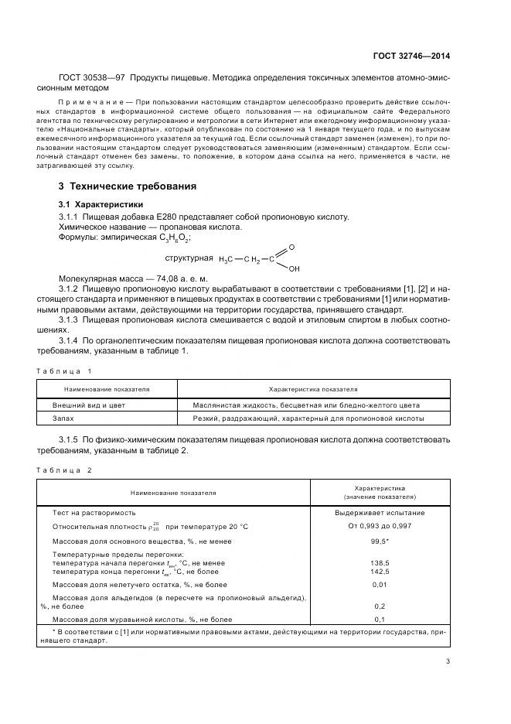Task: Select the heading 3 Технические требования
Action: (x=128, y=186)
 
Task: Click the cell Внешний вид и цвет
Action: (x=88, y=405)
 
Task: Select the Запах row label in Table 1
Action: (x=63, y=418)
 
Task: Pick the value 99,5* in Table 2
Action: (x=380, y=541)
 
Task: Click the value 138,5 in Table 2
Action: (x=380, y=563)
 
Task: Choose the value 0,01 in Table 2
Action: (x=380, y=586)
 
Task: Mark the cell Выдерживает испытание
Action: (x=380, y=512)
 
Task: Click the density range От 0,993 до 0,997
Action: (x=380, y=526)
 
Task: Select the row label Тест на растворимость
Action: (x=94, y=512)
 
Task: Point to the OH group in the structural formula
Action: (x=295, y=269)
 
